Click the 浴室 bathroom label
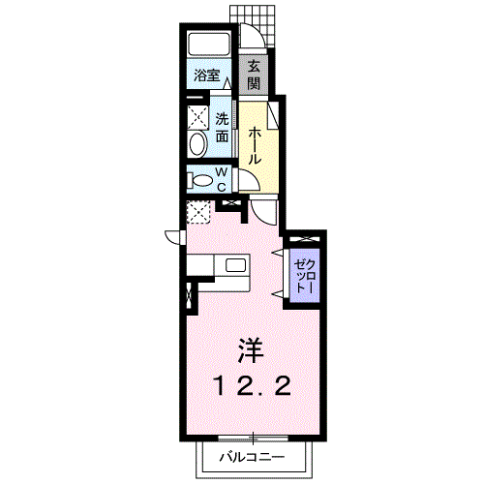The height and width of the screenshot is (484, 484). (207, 76)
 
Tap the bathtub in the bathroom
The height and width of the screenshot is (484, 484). (209, 45)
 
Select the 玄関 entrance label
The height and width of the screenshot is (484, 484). (254, 76)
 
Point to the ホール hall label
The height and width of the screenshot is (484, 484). (255, 145)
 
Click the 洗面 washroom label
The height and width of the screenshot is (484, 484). (222, 128)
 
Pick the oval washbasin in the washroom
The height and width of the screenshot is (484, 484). (197, 144)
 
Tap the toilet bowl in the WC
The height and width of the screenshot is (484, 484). (200, 180)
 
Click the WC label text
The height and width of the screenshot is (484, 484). (222, 179)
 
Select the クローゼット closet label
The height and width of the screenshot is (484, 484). (304, 276)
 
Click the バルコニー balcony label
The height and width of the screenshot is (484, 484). (253, 457)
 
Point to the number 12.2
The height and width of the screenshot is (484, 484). (253, 386)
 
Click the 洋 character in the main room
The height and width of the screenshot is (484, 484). (252, 350)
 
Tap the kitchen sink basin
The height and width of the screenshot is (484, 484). (235, 265)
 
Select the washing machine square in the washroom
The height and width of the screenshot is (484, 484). (197, 117)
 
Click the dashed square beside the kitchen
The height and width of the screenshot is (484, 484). (198, 212)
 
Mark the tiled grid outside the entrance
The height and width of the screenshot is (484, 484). (254, 25)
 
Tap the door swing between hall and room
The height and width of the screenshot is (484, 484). (263, 214)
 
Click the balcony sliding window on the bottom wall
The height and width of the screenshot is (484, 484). (253, 438)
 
